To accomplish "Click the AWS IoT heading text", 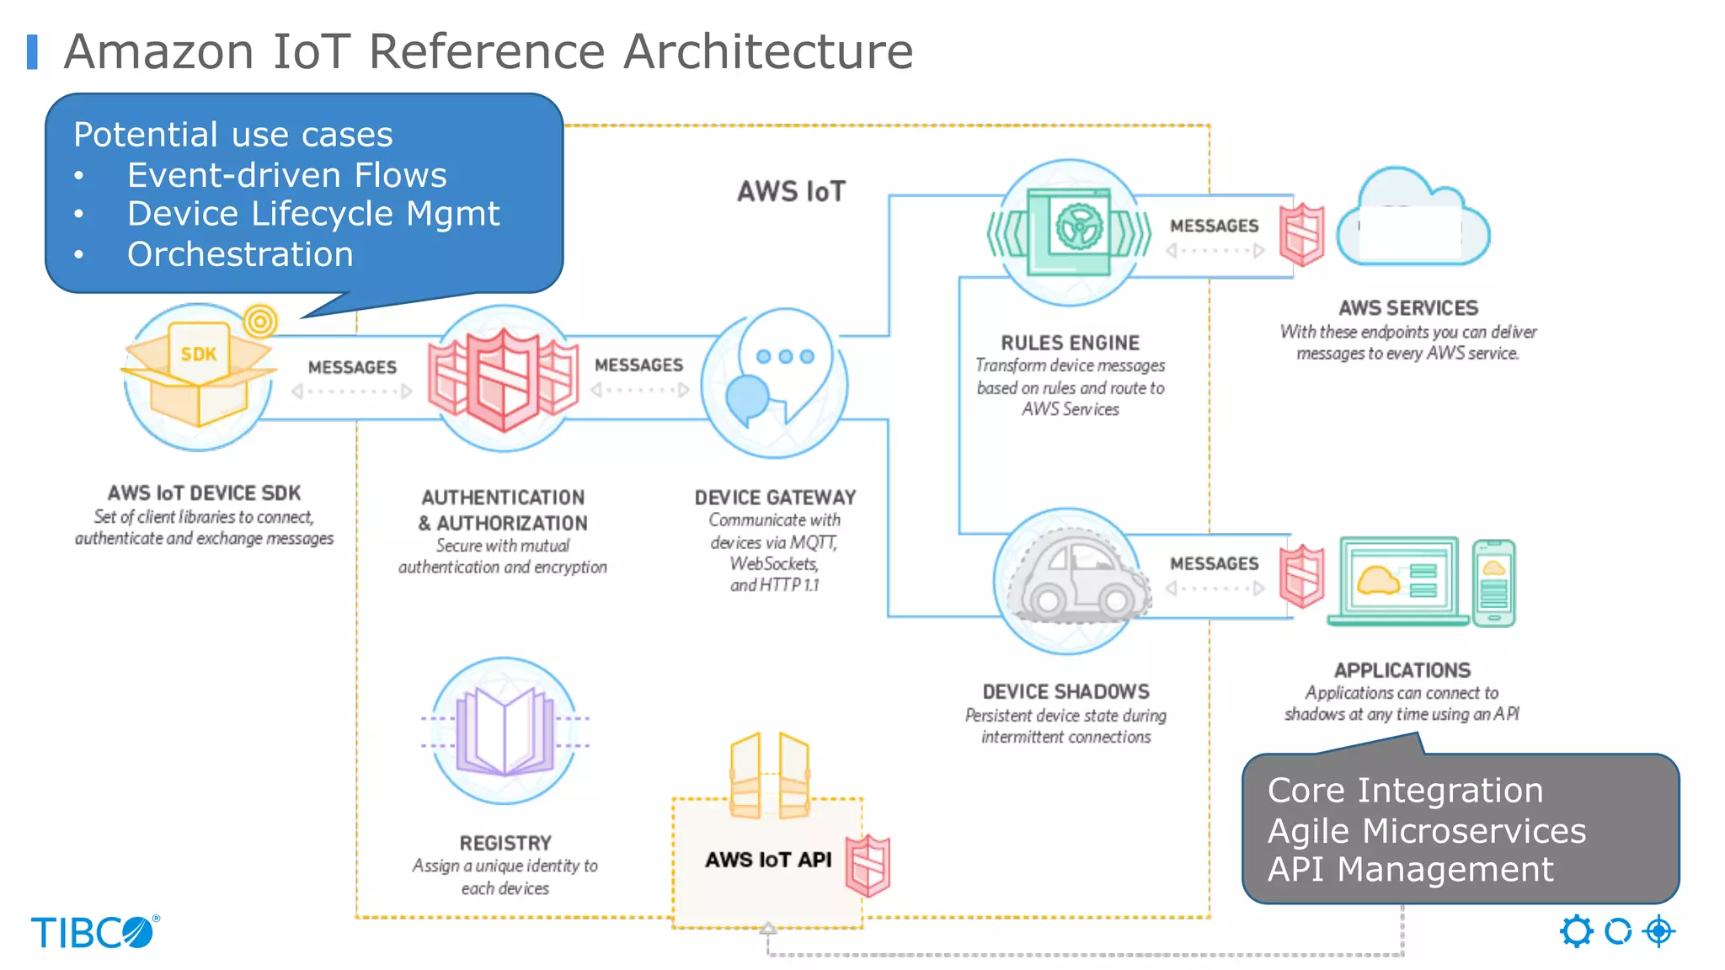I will [791, 192].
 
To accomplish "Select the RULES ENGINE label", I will [1070, 343].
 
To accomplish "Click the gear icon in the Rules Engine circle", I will [1079, 227].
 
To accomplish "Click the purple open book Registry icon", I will [505, 731].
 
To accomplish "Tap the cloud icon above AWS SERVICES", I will [1413, 221].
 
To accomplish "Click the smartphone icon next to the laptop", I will [1493, 584].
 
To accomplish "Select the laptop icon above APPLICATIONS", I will [1398, 581].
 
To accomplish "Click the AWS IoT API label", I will [768, 860].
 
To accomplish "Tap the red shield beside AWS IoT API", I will [868, 866].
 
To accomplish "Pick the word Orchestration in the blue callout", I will [240, 254].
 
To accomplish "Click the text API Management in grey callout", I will [1410, 869].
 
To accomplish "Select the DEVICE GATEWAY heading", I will [775, 498].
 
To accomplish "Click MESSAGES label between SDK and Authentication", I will [352, 367].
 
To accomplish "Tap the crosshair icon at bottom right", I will [1658, 931].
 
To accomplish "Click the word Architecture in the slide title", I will [767, 51].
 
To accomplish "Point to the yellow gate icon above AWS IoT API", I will [769, 775].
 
